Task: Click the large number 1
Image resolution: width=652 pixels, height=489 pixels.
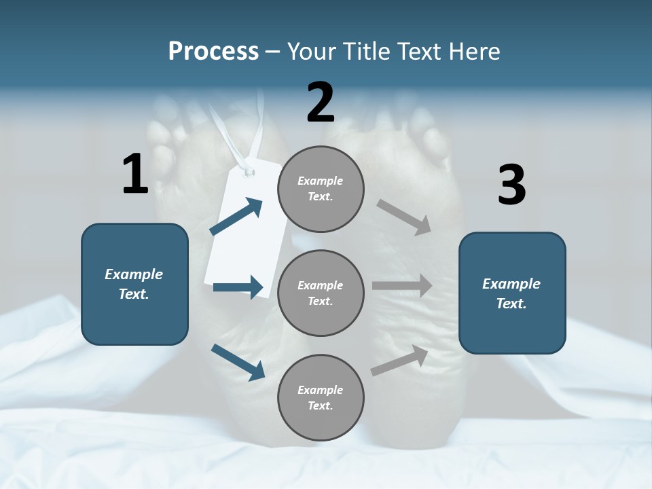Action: pyautogui.click(x=135, y=174)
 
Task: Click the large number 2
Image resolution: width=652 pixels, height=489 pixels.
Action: pyautogui.click(x=321, y=103)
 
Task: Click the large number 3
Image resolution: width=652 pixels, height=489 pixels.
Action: pyautogui.click(x=512, y=185)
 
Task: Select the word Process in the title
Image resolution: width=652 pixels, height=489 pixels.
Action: pyautogui.click(x=213, y=52)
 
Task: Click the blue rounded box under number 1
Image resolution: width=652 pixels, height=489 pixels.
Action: pyautogui.click(x=134, y=284)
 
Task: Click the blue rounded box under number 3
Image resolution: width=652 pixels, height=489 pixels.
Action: pyautogui.click(x=512, y=293)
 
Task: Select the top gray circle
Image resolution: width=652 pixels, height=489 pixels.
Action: pyautogui.click(x=321, y=189)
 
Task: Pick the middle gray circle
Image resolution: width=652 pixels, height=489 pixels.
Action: pyautogui.click(x=321, y=293)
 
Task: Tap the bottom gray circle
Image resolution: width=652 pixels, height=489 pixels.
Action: pyautogui.click(x=321, y=397)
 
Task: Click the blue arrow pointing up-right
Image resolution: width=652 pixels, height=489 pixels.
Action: pyautogui.click(x=236, y=217)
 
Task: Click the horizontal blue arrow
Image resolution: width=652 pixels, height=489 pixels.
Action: pyautogui.click(x=238, y=287)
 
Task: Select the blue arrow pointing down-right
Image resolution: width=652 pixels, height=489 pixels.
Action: pyautogui.click(x=238, y=362)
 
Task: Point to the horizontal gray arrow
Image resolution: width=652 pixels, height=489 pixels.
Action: pyautogui.click(x=402, y=286)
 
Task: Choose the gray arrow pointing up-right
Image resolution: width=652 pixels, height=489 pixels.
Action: pyautogui.click(x=400, y=361)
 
